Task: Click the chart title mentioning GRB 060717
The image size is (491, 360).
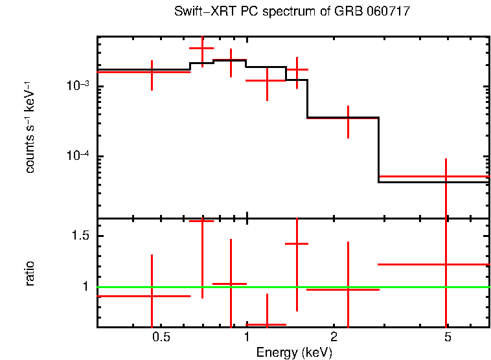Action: pos(292,12)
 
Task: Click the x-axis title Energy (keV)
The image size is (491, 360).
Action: pos(294,352)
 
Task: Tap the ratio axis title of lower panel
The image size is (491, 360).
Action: pos(30,273)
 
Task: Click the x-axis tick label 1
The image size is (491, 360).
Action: pos(247,337)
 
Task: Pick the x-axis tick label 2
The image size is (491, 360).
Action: pos(333,337)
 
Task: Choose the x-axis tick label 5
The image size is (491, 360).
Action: pos(447,337)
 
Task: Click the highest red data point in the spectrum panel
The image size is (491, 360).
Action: pos(202,49)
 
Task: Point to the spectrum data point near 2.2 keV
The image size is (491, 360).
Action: pos(348,118)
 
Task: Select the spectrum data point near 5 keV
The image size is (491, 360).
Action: pos(446,176)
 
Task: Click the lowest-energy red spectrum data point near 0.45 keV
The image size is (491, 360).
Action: pos(152,72)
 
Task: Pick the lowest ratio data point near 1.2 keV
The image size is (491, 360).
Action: pos(267,324)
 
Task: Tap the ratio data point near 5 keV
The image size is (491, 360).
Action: pos(446,264)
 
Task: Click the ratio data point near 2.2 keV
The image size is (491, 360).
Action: pos(348,289)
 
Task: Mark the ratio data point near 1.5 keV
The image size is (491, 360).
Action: pos(297,243)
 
